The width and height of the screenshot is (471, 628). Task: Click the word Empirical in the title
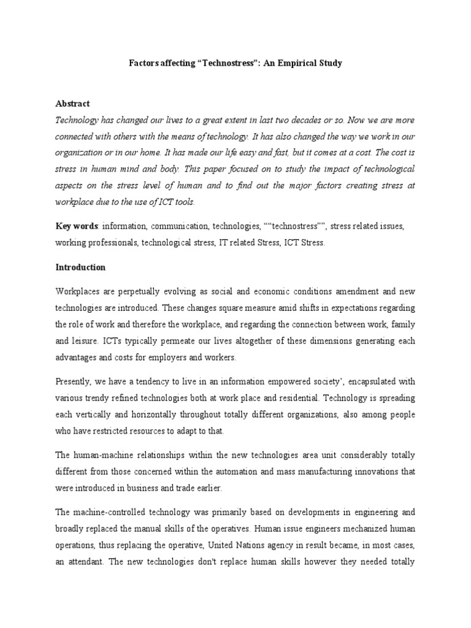click(x=290, y=63)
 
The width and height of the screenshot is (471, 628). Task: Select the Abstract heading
click(x=72, y=104)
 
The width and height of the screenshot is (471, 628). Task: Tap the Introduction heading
click(x=80, y=267)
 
